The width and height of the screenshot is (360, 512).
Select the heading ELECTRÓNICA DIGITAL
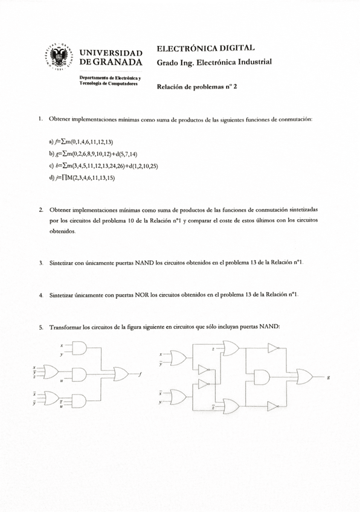tap(205, 48)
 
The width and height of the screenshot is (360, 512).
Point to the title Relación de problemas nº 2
tap(197, 86)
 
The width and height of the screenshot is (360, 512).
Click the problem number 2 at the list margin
tap(40, 209)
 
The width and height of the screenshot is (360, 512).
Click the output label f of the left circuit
tap(140, 374)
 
